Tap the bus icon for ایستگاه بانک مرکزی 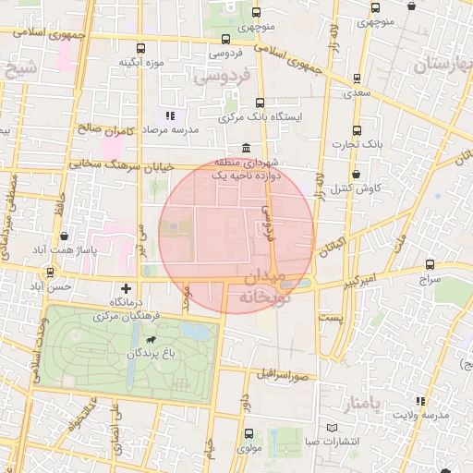[x=259, y=103]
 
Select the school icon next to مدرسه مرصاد [x=169, y=115]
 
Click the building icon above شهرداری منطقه [x=245, y=149]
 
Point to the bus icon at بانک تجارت [x=357, y=130]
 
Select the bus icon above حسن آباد [x=48, y=272]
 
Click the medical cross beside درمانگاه [x=127, y=288]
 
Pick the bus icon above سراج [x=431, y=263]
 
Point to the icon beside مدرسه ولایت [x=420, y=401]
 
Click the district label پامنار [x=361, y=405]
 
